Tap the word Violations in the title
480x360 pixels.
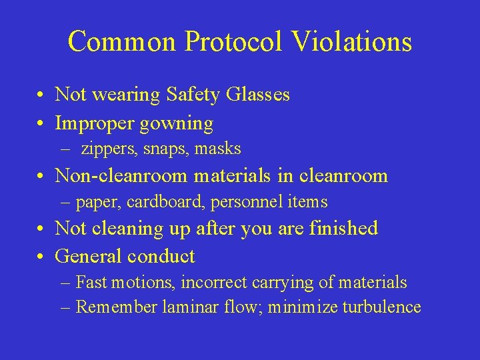tap(352, 41)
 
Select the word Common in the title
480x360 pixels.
tap(121, 41)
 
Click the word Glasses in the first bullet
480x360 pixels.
tap(258, 95)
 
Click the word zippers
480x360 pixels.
tap(107, 149)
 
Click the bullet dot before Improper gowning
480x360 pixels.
tap(41, 124)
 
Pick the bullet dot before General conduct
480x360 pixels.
tap(41, 257)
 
